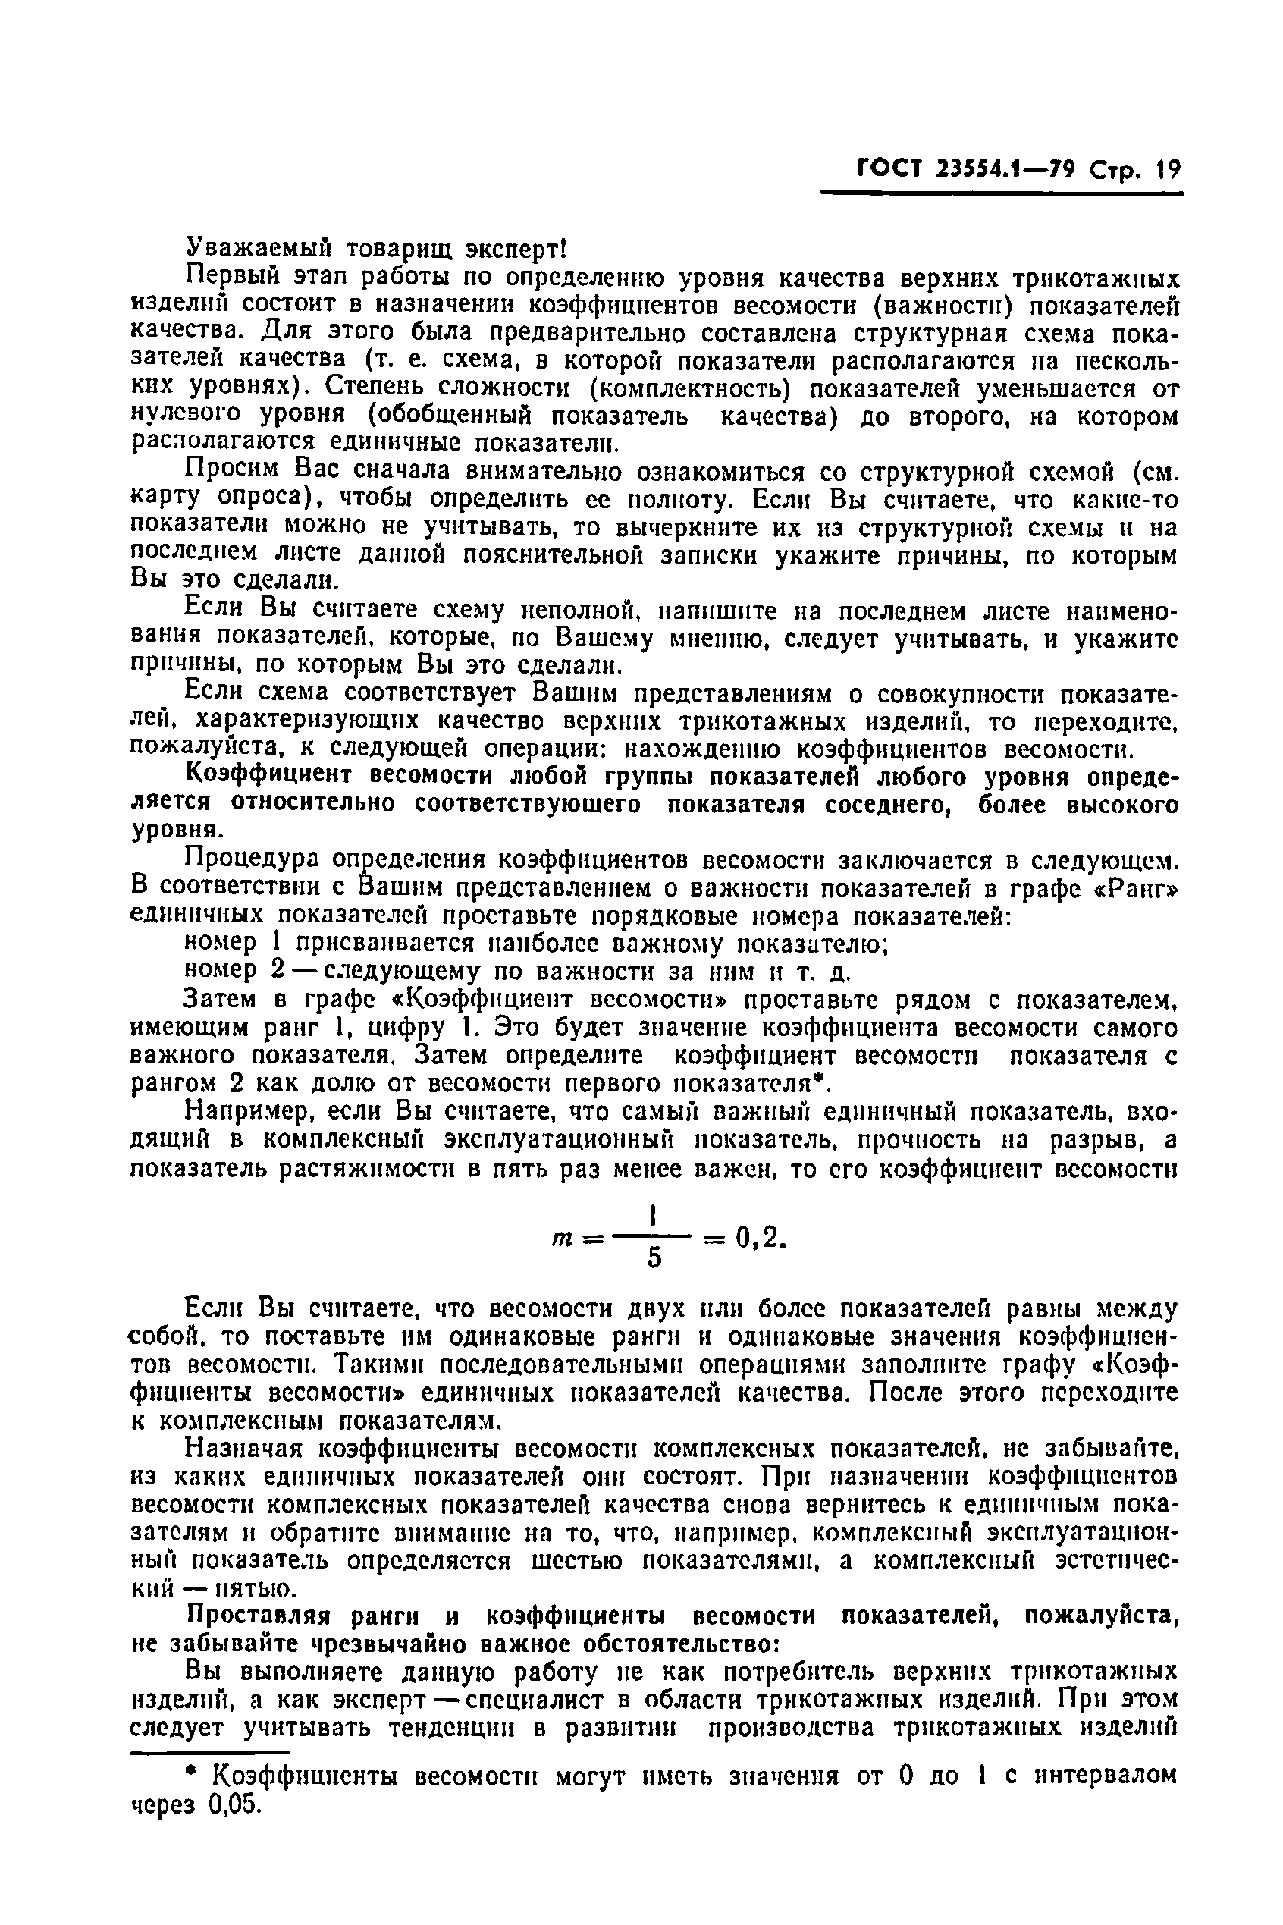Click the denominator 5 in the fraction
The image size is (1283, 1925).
coord(654,1259)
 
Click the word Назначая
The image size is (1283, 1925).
coord(244,1448)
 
